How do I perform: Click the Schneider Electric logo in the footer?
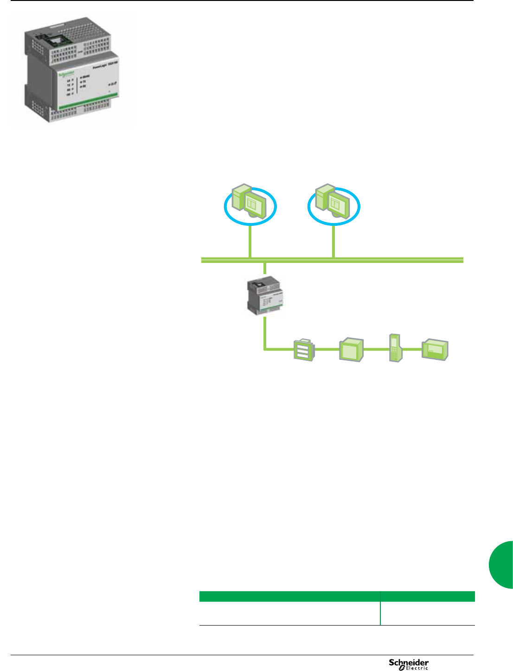409,664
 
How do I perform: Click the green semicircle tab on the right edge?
502,564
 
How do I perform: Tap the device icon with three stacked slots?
304,350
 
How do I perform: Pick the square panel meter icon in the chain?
352,350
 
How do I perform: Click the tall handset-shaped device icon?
395,347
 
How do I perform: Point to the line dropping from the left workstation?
250,241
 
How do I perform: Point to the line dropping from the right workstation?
333,241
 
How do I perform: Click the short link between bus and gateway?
264,268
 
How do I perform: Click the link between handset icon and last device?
412,349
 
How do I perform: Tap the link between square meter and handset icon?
376,349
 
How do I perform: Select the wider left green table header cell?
289,596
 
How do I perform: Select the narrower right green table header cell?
428,596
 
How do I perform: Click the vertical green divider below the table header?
380,613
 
